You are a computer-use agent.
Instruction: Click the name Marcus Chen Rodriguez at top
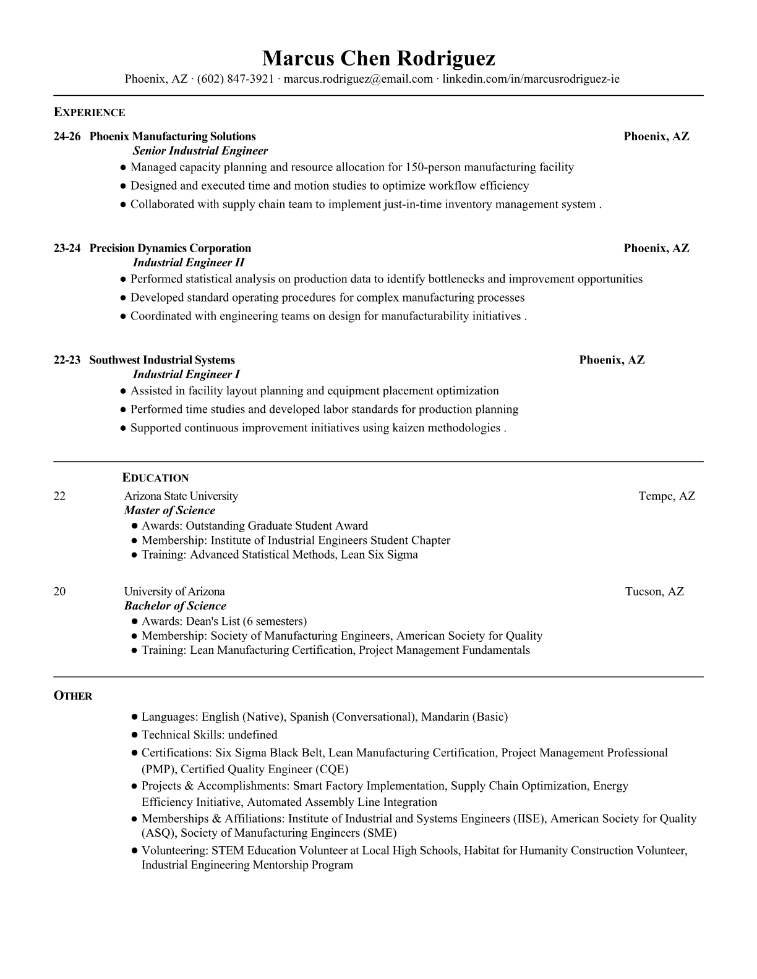(x=378, y=58)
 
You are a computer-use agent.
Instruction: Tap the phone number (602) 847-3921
(x=235, y=79)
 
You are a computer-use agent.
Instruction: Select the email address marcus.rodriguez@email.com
(x=358, y=79)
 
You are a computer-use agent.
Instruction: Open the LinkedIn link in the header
(x=531, y=79)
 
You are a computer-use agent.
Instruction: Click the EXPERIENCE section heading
(x=89, y=112)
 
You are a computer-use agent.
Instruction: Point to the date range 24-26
(x=67, y=137)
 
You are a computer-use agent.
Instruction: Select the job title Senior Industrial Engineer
(x=200, y=151)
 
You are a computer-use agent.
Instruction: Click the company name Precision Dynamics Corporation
(x=170, y=248)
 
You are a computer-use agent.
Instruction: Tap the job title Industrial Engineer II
(x=189, y=263)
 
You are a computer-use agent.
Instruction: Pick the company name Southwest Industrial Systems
(x=162, y=360)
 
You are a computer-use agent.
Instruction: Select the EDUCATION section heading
(x=155, y=478)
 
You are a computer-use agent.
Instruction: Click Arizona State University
(x=181, y=496)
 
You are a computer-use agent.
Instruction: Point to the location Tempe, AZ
(x=667, y=496)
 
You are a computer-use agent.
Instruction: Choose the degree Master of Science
(x=169, y=511)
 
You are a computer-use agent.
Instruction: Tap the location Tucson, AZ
(x=654, y=591)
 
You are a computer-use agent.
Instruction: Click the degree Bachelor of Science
(x=175, y=606)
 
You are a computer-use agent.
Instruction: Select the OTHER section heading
(x=73, y=696)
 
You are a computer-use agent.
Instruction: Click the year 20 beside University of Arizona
(x=59, y=591)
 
